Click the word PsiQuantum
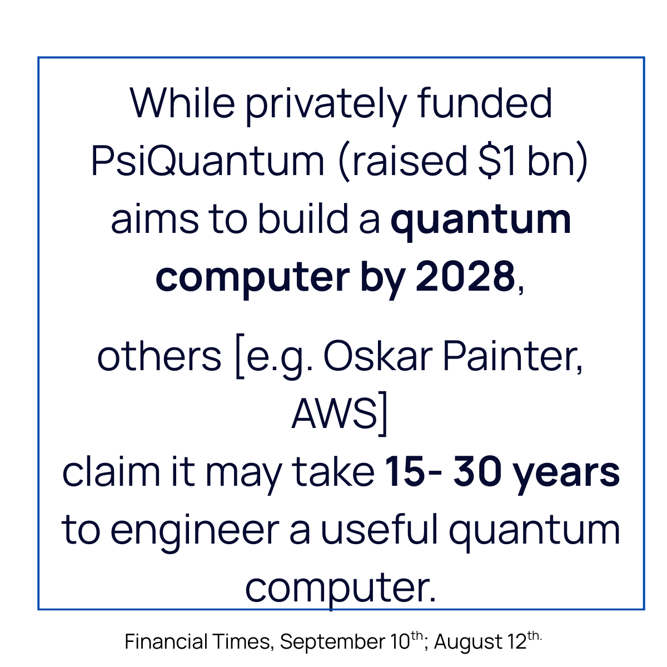click(207, 161)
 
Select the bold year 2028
click(465, 276)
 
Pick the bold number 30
click(477, 472)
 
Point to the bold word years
click(566, 473)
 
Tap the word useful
click(379, 530)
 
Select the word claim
click(107, 472)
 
